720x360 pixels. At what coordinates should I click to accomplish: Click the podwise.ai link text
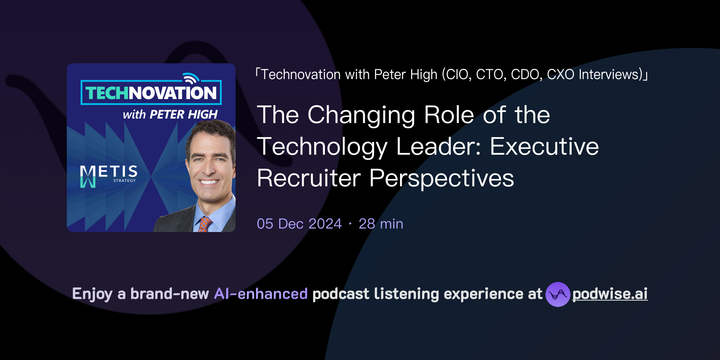(610, 294)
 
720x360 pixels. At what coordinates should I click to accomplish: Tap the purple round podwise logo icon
(558, 294)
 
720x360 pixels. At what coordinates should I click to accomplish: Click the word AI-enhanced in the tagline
(261, 294)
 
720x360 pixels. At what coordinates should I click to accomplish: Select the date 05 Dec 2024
(299, 224)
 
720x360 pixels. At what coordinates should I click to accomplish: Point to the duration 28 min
(381, 224)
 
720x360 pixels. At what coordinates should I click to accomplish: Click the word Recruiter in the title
(309, 178)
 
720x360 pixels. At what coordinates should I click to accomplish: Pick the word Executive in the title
(544, 147)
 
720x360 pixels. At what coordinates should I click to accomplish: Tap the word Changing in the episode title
(361, 115)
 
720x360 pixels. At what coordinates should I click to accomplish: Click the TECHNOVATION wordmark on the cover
(151, 93)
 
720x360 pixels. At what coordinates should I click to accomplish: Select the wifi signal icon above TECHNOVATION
(191, 78)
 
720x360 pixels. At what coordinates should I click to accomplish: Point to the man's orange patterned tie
(205, 224)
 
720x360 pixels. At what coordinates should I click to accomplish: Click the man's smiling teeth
(209, 182)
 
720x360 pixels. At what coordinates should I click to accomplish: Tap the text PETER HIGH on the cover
(184, 115)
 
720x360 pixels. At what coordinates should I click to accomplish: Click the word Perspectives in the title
(441, 178)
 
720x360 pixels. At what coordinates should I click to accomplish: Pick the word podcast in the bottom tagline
(341, 294)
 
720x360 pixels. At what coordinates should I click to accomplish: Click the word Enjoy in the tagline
(92, 294)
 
